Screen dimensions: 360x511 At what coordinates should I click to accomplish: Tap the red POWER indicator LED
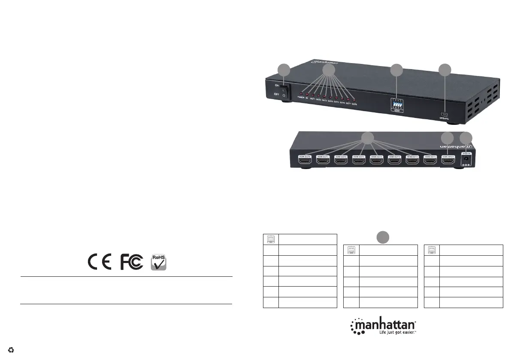tap(301, 93)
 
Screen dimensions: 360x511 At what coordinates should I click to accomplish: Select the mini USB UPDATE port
tap(444, 114)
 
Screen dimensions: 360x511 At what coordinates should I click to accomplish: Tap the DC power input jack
tap(466, 159)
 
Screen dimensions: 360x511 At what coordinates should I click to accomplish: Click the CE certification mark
tap(100, 262)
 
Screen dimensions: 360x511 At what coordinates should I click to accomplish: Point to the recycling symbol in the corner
tap(11, 350)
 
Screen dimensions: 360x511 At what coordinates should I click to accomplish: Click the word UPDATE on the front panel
tap(444, 119)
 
